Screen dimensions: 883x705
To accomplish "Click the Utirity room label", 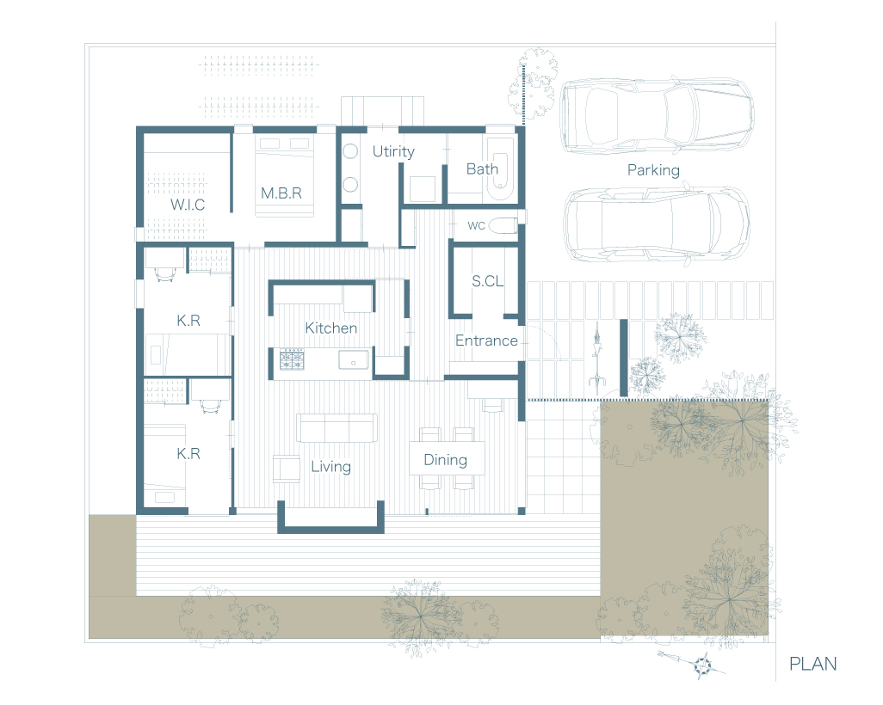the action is tap(393, 152).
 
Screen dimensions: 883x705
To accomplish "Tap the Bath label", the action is tap(482, 169).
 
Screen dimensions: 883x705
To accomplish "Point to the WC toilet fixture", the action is tap(503, 225).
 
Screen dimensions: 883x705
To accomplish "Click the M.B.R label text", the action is tap(281, 193).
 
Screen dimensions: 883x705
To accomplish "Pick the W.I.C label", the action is tap(188, 205).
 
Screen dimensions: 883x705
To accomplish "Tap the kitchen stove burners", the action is tap(292, 359).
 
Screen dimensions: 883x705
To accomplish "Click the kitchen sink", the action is tap(354, 359).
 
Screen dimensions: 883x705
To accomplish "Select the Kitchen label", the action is tap(331, 328).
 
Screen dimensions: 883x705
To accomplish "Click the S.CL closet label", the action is tap(488, 281).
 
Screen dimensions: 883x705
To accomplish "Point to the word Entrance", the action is tap(486, 340).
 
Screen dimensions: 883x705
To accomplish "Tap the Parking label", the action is tap(653, 170).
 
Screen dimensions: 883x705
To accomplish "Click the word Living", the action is tap(331, 467).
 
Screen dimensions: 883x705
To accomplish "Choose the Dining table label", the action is tap(446, 460).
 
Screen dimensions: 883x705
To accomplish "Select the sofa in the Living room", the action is tap(337, 428).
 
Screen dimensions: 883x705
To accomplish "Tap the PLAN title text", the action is tap(812, 664).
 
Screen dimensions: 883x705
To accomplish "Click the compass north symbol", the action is tap(702, 665).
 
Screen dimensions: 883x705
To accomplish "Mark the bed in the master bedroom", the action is tap(284, 175).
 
